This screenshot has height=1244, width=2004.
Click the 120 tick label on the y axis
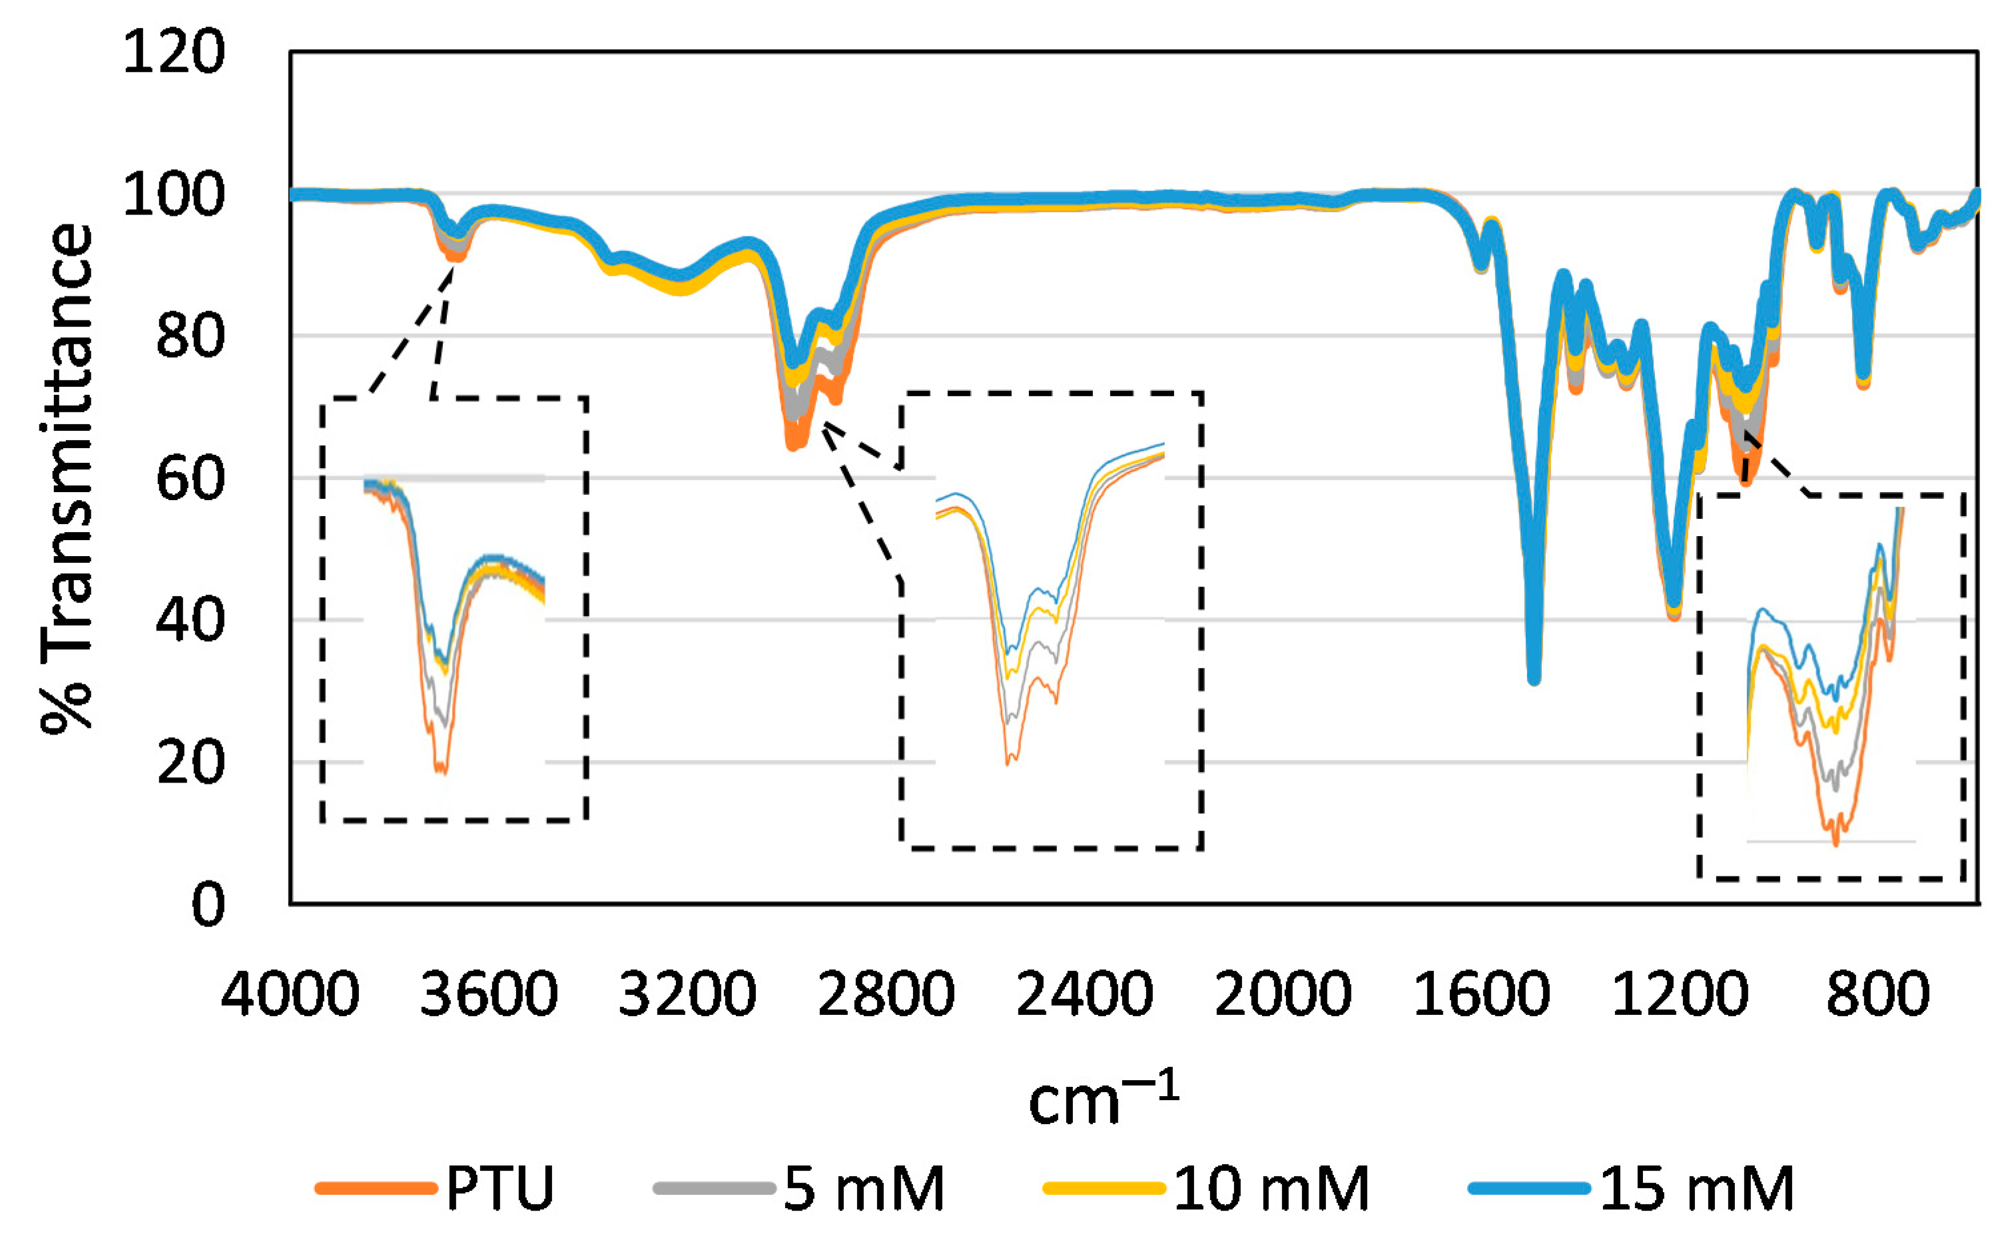tap(172, 53)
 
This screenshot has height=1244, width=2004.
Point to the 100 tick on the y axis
tap(172, 195)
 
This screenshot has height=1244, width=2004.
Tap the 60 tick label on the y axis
tap(189, 479)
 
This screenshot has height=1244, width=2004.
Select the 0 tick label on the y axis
tap(207, 905)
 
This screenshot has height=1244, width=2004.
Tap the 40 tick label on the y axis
tap(189, 621)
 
